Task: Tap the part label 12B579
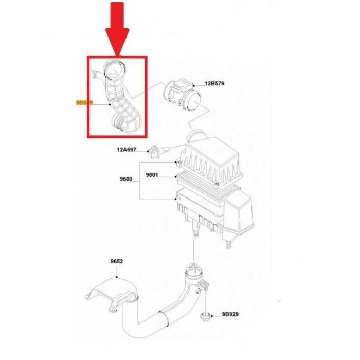[217, 83]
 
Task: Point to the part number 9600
[125, 179]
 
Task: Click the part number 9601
[152, 175]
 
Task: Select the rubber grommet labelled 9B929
[205, 315]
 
